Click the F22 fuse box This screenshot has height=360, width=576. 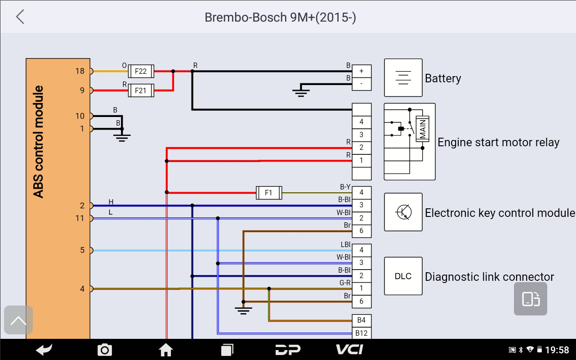coord(141,71)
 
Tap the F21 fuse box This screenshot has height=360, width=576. coord(141,90)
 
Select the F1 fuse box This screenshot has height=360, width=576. coord(268,193)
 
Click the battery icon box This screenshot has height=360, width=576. coord(403,77)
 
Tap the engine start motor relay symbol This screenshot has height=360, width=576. coord(410,141)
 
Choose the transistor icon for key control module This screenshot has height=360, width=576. coord(403,212)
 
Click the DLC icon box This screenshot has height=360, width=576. coord(403,276)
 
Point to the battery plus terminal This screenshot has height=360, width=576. coord(362,71)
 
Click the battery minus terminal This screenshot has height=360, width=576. coord(362,84)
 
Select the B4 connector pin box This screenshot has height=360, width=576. coord(362,320)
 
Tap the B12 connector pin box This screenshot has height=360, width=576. coord(362,333)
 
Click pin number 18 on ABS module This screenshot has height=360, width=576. coord(80,71)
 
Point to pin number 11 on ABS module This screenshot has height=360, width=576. coord(80,218)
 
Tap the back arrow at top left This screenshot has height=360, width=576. coord(20,17)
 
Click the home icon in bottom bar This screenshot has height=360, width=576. coord(166,350)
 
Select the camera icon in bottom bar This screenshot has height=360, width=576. coord(105,350)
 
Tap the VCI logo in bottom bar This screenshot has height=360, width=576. coord(350,350)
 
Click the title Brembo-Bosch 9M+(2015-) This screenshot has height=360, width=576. coord(281,17)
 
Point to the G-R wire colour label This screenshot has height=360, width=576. coord(345,283)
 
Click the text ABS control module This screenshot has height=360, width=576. coord(39,142)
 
